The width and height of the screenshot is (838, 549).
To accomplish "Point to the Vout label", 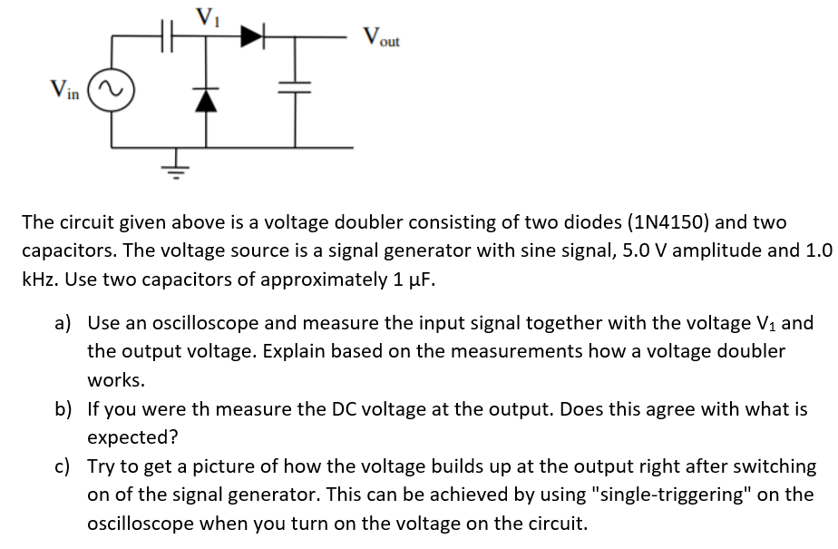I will coord(381,38).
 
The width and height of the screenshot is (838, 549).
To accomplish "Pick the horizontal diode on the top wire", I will coord(251,37).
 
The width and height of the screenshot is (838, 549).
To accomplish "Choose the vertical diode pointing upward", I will coord(206,97).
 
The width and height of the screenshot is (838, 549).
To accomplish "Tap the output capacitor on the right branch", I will coord(296,89).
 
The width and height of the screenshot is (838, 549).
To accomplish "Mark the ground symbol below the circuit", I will coord(176,166).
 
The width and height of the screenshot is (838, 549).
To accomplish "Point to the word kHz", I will coord(41,279).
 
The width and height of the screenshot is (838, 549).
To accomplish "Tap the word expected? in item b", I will coord(132,437).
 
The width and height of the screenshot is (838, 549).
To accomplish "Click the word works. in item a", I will coord(116,379).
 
